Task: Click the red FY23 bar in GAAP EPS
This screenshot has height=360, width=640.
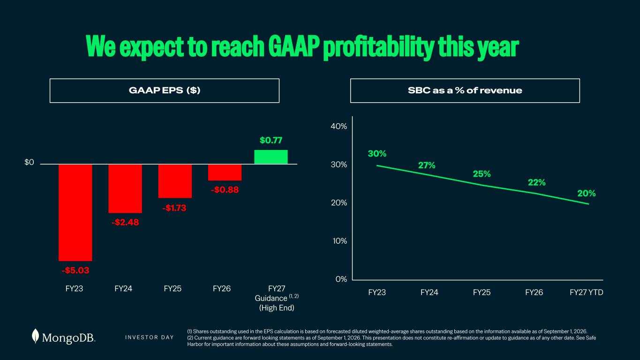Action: tap(75, 212)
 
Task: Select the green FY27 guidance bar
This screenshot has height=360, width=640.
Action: tap(271, 157)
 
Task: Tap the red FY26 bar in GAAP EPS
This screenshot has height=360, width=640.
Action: tap(225, 172)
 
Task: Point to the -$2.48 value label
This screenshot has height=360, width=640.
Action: tap(125, 222)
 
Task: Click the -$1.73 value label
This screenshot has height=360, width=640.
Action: tap(174, 208)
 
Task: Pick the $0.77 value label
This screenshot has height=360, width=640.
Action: tap(271, 140)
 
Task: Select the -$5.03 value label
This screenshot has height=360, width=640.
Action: tap(75, 270)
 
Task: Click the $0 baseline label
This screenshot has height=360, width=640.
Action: tap(29, 162)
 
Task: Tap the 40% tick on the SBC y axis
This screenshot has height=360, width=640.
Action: tap(339, 126)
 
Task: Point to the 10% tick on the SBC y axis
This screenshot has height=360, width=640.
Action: tap(340, 241)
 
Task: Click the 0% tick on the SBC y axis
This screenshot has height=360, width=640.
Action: tap(341, 279)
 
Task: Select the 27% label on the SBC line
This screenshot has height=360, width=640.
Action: tap(427, 165)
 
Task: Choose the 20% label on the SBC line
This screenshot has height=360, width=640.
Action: tap(587, 194)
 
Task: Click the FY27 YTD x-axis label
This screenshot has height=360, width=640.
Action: tap(586, 292)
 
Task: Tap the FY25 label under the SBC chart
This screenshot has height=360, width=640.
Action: tap(482, 292)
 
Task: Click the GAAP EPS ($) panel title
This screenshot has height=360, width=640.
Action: tap(165, 90)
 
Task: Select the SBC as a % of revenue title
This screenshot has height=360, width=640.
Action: tap(465, 90)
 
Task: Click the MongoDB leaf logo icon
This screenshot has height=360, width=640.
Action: tap(35, 336)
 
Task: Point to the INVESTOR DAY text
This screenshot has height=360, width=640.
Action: tap(150, 337)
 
